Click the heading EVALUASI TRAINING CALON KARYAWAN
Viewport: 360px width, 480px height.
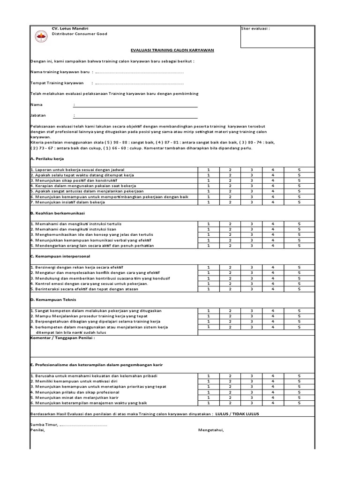(169, 50)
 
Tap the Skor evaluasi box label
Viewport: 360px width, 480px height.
(255, 29)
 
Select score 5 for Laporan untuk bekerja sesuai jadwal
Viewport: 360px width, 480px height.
(299, 169)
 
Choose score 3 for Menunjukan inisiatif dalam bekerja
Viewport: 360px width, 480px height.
(252, 202)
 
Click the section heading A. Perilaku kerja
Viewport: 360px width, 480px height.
(47, 159)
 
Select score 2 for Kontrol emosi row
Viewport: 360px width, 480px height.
(230, 284)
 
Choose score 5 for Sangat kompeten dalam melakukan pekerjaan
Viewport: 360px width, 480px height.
(299, 310)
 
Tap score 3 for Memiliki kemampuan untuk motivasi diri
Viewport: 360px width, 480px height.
(252, 381)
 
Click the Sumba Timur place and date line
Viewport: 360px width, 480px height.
(68, 425)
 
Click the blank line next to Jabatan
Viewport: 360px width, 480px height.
(136, 115)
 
